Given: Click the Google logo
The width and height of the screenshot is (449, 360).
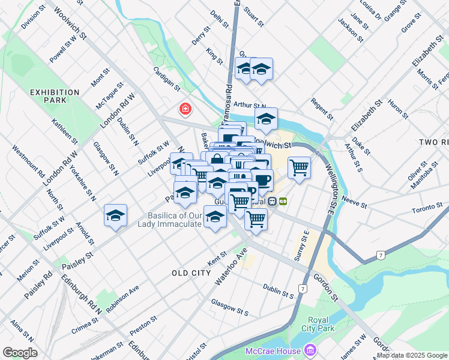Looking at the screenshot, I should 20,353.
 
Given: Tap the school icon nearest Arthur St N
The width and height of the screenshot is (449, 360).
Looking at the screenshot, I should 266,119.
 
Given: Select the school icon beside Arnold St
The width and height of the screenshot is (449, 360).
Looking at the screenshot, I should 115,215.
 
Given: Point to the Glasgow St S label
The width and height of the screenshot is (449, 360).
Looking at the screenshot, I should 229,308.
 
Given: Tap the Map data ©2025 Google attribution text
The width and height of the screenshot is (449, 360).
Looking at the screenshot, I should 412,355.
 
